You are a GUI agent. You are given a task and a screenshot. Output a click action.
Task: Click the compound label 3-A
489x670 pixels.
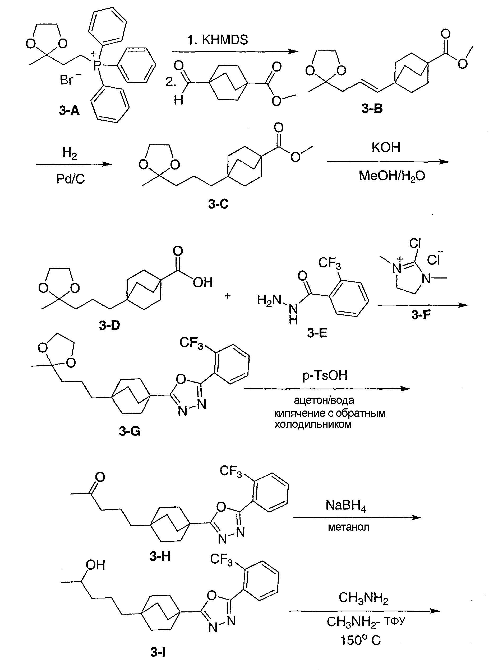tap(69, 111)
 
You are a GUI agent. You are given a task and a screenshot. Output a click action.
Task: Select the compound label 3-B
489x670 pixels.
tap(372, 108)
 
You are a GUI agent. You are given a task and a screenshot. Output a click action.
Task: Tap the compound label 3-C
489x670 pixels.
tap(218, 204)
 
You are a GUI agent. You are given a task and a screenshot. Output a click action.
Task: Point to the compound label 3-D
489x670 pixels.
tap(109, 325)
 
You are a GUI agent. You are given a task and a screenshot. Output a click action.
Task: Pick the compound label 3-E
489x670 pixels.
tap(317, 333)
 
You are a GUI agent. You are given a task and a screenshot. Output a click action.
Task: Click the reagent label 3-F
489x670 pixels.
tap(421, 315)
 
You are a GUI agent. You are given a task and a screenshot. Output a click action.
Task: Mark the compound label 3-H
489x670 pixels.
tap(160, 556)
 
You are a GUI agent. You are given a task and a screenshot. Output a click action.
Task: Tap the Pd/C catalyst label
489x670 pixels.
tap(71, 179)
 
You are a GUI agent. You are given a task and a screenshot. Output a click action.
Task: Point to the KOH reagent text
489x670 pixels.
tap(386, 147)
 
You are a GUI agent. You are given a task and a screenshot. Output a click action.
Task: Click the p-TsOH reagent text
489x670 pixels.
tap(325, 375)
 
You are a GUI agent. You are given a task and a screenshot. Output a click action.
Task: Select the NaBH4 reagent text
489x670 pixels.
tap(346, 506)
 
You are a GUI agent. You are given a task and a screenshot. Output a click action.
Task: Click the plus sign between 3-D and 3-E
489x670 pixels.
tap(227, 296)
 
